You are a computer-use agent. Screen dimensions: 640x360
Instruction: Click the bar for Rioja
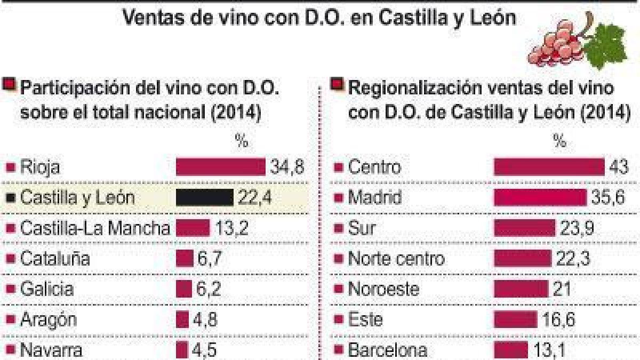pos(221,166)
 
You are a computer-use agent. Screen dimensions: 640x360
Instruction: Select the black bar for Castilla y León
pos(205,197)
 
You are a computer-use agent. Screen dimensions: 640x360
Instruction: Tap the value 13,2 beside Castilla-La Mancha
pos(231,228)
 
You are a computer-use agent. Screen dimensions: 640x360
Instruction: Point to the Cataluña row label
pos(55,259)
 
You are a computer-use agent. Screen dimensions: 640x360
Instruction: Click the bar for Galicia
pos(183,289)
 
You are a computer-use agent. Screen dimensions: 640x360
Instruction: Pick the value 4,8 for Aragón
pos(205,319)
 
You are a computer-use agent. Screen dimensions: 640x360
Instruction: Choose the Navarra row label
pos(51,350)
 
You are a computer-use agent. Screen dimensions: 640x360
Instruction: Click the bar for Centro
pos(549,166)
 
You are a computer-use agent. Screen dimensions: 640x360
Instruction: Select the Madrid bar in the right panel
pos(540,197)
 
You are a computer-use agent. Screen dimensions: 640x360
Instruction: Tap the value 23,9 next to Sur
pos(577,228)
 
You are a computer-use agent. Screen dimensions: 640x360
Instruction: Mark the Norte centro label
pos(397,259)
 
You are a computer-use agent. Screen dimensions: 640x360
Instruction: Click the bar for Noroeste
pos(521,289)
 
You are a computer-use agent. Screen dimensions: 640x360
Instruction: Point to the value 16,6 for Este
pos(558,319)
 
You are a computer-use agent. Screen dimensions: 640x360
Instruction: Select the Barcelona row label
pos(388,350)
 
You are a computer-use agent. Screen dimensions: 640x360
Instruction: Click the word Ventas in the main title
pos(167,18)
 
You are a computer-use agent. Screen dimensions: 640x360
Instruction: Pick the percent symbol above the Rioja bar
pos(242,141)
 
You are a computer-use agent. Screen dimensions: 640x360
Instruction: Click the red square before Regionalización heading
pos(337,85)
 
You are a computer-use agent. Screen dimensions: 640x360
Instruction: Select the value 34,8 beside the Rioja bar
pos(287,167)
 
